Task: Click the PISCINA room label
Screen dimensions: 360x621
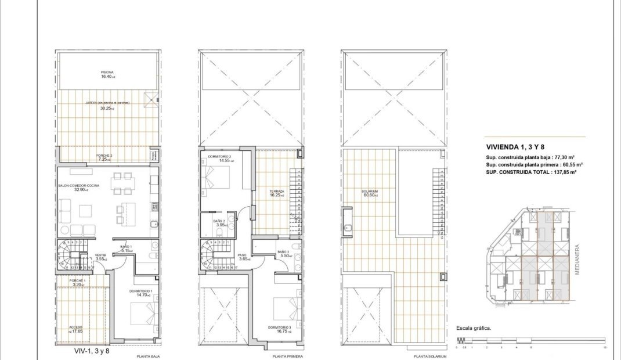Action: point(107,73)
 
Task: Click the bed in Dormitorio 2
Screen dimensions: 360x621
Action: point(216,177)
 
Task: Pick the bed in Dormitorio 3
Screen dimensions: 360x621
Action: point(285,307)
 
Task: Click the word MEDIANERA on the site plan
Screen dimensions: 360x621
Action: point(578,262)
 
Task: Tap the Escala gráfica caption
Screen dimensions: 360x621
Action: point(474,328)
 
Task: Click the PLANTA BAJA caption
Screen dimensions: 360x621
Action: point(148,357)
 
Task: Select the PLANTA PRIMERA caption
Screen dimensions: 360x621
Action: point(287,357)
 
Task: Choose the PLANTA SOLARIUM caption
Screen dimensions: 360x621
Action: point(431,357)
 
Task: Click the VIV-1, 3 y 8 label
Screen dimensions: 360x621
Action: point(92,351)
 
